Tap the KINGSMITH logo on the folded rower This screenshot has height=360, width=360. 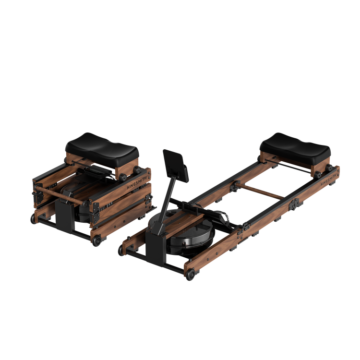point(137,182)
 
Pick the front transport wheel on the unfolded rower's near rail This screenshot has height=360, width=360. point(191,275)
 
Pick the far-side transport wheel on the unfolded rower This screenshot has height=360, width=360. point(121,250)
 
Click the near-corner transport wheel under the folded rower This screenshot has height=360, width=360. point(97,240)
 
